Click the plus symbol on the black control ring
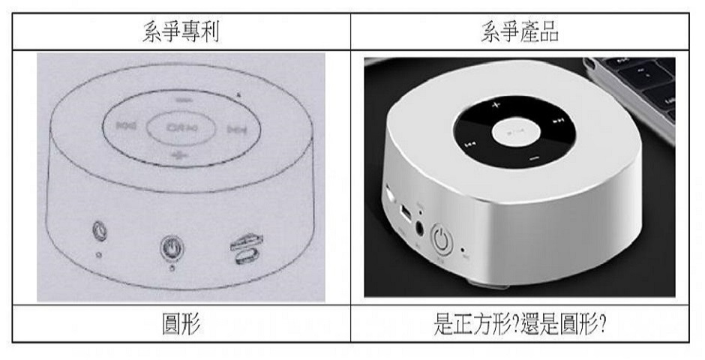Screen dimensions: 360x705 (496, 106)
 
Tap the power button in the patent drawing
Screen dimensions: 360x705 (170, 246)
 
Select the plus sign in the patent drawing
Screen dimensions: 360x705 (178, 154)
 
